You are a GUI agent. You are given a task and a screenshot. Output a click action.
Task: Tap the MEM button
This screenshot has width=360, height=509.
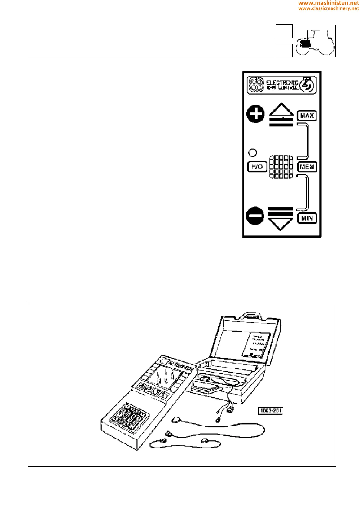(307, 167)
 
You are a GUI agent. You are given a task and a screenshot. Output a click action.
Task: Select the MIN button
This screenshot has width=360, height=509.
(307, 218)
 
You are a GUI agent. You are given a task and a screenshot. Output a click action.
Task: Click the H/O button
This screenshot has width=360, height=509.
(257, 167)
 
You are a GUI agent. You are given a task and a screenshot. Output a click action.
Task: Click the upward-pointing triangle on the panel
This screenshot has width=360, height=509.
(281, 110)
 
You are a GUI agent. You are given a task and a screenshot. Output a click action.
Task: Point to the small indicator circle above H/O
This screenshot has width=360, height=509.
(252, 153)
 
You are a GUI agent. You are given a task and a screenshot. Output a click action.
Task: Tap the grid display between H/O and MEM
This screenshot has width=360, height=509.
(281, 167)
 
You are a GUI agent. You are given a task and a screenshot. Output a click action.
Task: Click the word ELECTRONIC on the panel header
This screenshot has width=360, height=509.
(282, 83)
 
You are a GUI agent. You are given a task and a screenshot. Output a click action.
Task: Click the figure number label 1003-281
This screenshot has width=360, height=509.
(271, 411)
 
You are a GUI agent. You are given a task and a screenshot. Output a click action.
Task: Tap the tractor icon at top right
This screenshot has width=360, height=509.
(315, 41)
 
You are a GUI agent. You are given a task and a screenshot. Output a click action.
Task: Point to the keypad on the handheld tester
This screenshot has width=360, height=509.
(129, 416)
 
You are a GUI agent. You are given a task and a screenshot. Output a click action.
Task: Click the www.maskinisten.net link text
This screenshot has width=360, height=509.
(329, 3)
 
